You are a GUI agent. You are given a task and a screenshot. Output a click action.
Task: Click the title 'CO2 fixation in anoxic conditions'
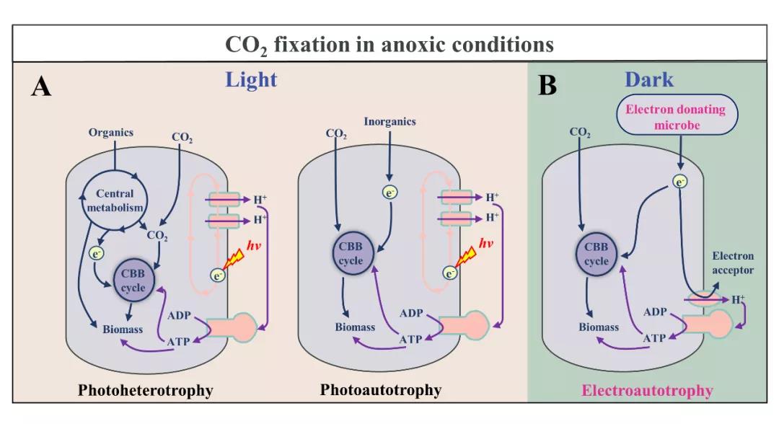tap(389, 45)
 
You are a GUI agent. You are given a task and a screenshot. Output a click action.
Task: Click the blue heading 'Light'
tap(251, 79)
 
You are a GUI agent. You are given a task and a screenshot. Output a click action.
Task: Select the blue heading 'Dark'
tap(648, 79)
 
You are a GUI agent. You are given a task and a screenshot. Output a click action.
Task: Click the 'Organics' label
tap(111, 133)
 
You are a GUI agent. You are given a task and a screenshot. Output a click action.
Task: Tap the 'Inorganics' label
tap(389, 122)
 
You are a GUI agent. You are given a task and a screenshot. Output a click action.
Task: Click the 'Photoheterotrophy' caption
tap(146, 390)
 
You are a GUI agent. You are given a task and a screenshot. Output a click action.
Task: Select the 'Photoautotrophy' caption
tap(381, 390)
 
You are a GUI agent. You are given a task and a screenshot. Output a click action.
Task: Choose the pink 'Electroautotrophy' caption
tap(646, 391)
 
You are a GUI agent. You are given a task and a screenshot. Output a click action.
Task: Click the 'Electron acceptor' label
tap(733, 263)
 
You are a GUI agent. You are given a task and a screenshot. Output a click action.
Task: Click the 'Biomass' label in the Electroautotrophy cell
tap(599, 327)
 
